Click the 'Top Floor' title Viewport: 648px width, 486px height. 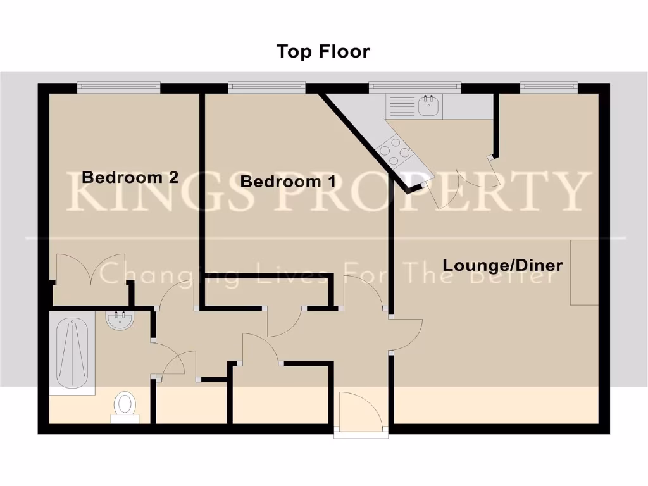pyautogui.click(x=323, y=51)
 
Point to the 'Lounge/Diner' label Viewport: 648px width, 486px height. pyautogui.click(x=502, y=265)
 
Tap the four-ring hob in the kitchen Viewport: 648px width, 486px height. pyautogui.click(x=391, y=151)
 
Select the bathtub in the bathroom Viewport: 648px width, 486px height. pyautogui.click(x=72, y=353)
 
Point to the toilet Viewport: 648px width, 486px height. pyautogui.click(x=125, y=404)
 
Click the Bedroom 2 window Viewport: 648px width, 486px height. pyautogui.click(x=118, y=87)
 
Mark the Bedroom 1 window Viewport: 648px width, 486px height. pyautogui.click(x=266, y=87)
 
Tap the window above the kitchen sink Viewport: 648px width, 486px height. pyautogui.click(x=415, y=87)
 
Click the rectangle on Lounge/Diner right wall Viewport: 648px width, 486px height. pyautogui.click(x=584, y=272)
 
